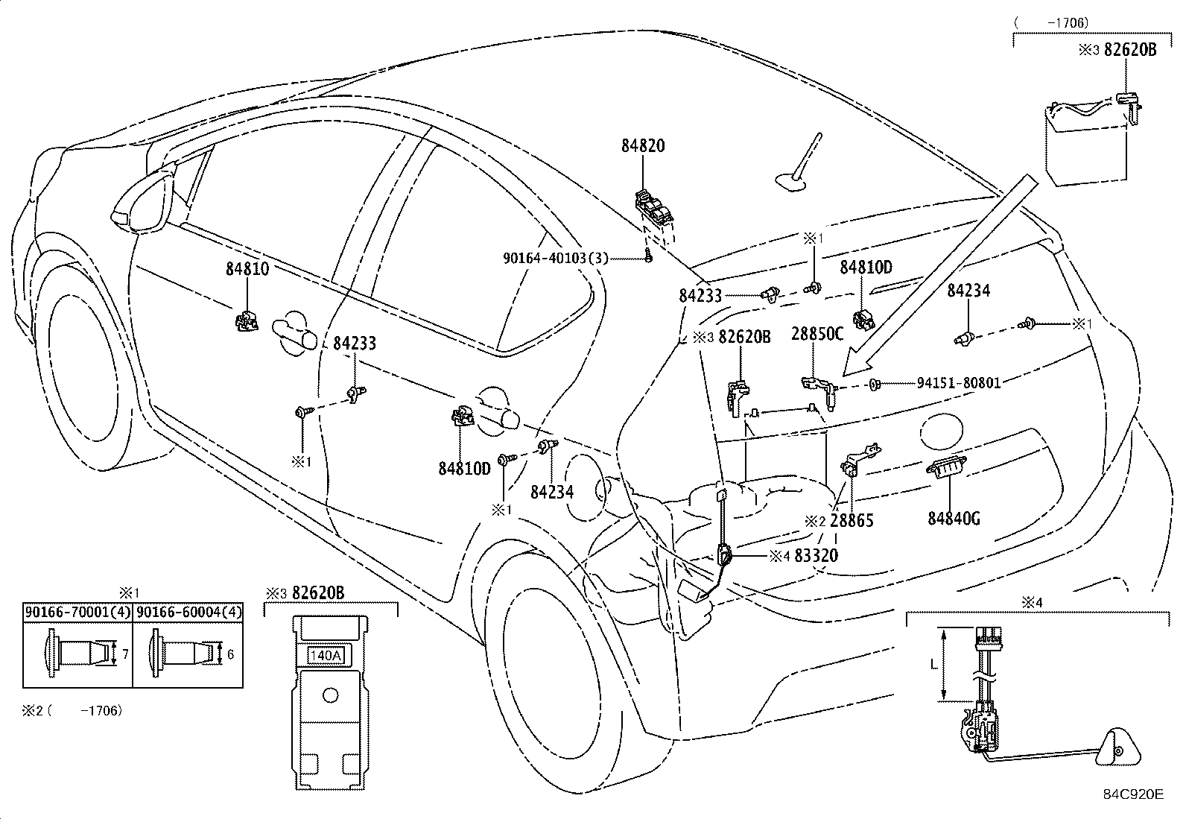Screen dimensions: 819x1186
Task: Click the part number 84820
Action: [x=643, y=146]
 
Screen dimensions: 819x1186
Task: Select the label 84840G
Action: [x=954, y=517]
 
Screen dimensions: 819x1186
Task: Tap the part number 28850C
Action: [x=817, y=334]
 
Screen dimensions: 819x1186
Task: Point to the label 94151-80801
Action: [x=959, y=383]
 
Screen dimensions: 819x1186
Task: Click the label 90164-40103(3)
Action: [x=555, y=258]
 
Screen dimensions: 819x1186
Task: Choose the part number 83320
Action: [x=816, y=555]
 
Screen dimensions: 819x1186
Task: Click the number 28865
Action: [x=852, y=520]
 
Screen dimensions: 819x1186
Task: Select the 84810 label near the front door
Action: [x=247, y=269]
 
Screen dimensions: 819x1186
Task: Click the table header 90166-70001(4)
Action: [x=77, y=613]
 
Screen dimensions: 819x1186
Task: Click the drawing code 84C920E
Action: [x=1133, y=794]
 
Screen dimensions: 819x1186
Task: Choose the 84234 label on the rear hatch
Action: [x=968, y=291]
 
